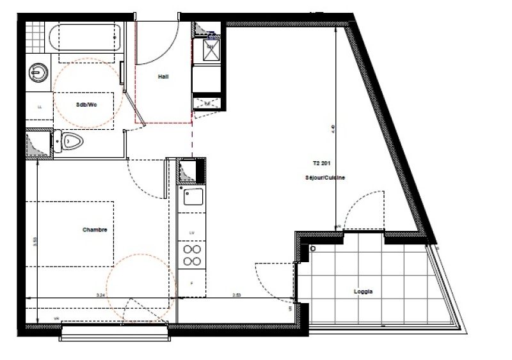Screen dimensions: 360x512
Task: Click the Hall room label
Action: pyautogui.click(x=163, y=76)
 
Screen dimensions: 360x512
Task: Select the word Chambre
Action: pyautogui.click(x=93, y=230)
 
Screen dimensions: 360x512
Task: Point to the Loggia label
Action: pyautogui.click(x=364, y=292)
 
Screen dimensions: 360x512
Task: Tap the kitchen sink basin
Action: pyautogui.click(x=191, y=198)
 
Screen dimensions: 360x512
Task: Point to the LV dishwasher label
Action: pyautogui.click(x=191, y=233)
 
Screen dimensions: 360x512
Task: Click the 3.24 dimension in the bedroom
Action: pyautogui.click(x=100, y=295)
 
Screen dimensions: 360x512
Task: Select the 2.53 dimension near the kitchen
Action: pyautogui.click(x=236, y=295)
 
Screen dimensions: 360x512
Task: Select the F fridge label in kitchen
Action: pyautogui.click(x=190, y=281)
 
